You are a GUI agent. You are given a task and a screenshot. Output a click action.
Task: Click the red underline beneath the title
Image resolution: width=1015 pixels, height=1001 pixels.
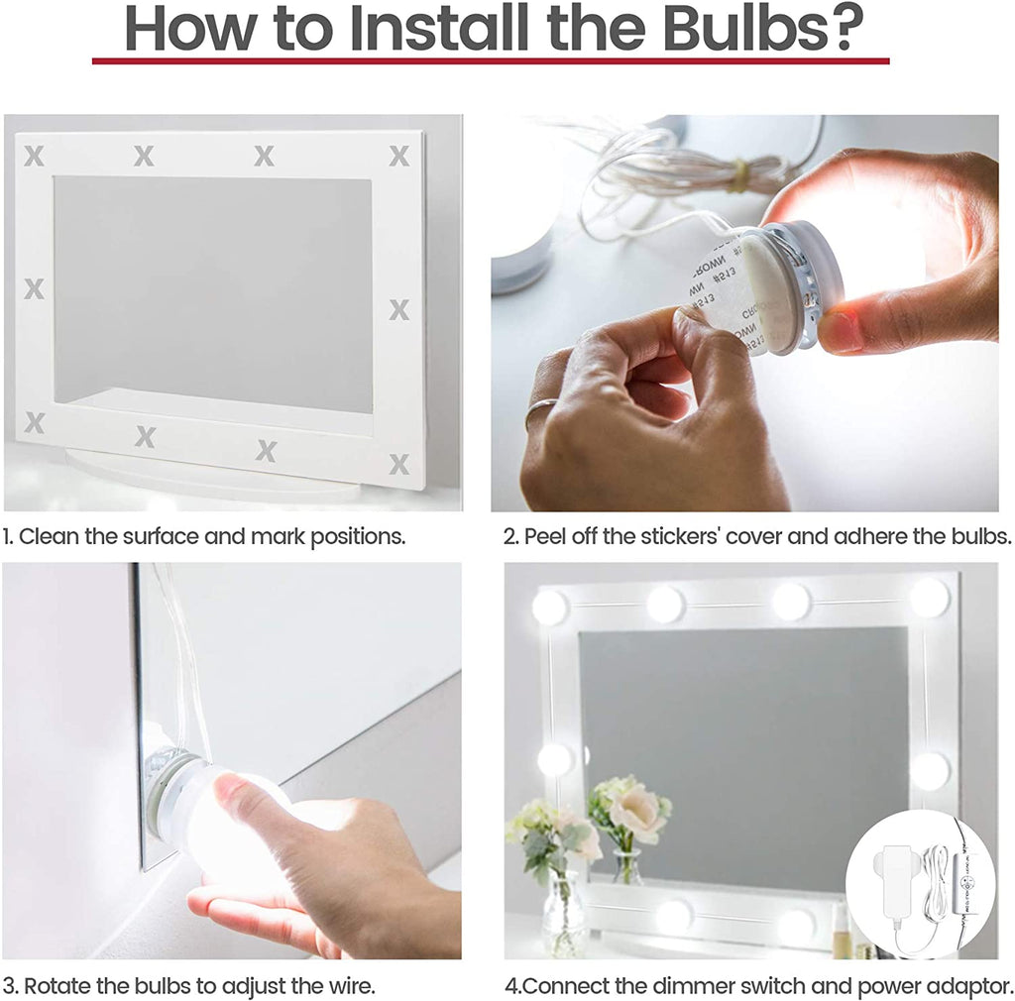point(491,60)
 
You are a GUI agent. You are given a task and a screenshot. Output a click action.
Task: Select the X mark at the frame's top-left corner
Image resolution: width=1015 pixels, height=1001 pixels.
point(35,156)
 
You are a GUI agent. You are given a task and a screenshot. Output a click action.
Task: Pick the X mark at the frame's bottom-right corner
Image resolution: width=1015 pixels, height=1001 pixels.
point(399,464)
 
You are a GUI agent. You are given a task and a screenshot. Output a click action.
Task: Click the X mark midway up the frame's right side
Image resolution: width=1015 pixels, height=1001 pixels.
point(399,309)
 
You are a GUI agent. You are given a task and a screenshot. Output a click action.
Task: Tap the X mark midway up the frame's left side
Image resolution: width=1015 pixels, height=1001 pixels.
point(35,288)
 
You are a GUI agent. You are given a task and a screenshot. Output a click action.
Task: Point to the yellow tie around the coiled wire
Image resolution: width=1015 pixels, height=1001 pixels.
point(740,177)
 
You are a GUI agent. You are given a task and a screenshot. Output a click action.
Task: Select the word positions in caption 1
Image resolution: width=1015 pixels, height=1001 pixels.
point(357,537)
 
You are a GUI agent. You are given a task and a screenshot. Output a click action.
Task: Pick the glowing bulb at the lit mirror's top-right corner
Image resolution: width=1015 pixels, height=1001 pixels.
point(930,598)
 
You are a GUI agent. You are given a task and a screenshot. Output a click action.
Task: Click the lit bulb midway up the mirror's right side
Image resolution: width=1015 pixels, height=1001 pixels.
point(930,771)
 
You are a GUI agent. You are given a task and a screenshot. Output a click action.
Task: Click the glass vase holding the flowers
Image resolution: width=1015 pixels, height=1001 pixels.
point(563,914)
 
